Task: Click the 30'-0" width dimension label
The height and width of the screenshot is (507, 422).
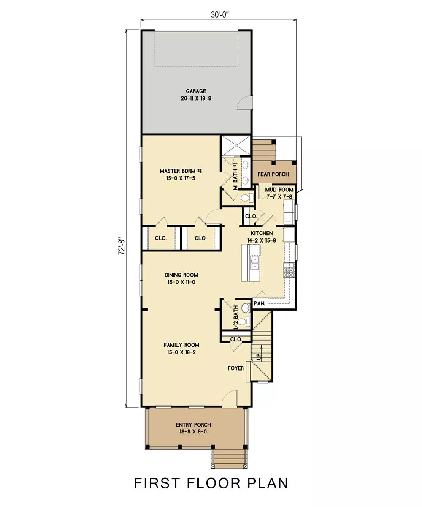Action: tap(220, 15)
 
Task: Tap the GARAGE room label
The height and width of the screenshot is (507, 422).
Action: tap(196, 91)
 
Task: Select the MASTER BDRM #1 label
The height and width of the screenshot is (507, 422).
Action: tap(181, 171)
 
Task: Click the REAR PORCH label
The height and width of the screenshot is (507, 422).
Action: tap(273, 174)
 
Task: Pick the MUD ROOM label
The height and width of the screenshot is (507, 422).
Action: tap(279, 190)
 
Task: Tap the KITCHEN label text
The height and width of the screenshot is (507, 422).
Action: tap(262, 233)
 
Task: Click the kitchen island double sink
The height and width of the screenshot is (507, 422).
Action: tap(255, 262)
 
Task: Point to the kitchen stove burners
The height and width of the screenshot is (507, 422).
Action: tap(289, 272)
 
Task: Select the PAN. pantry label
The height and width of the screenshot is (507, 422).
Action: tap(259, 303)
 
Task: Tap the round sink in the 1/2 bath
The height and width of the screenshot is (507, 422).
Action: tap(246, 308)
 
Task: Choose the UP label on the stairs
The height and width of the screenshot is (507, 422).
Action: tap(259, 357)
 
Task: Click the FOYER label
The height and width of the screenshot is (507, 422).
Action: tap(236, 368)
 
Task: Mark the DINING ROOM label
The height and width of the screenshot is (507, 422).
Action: tap(181, 275)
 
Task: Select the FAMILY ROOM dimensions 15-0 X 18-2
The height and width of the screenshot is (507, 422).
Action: tap(181, 352)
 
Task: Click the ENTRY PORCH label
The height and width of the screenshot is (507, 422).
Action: tap(194, 425)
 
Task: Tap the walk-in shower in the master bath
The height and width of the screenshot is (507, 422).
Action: tap(236, 146)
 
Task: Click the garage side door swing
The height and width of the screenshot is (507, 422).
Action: tap(244, 103)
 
